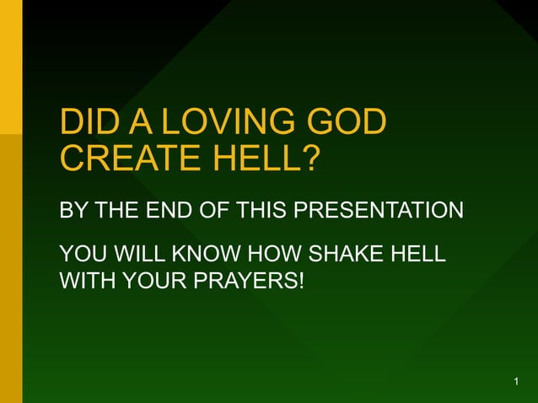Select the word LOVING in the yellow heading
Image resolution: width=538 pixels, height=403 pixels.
(229, 123)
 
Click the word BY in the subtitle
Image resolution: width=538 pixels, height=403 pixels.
(73, 211)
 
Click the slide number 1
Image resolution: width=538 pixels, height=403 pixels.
(515, 384)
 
